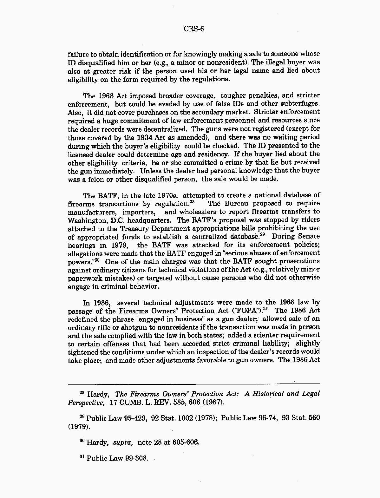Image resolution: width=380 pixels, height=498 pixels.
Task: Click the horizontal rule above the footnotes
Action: tap(194, 384)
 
